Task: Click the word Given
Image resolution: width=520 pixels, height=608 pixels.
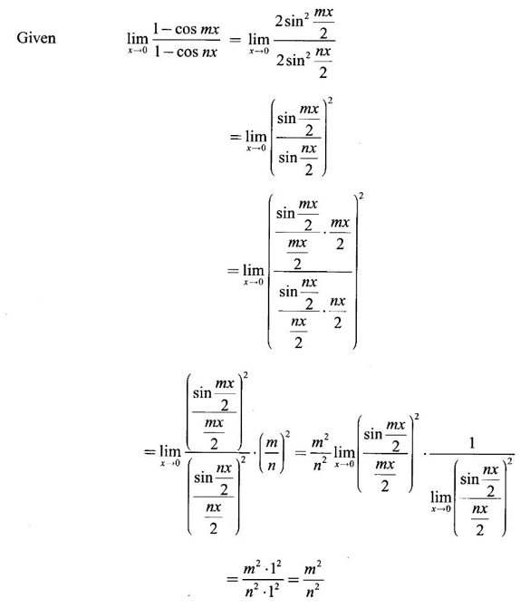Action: coord(36,38)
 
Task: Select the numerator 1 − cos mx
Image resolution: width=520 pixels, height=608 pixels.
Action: coord(186,29)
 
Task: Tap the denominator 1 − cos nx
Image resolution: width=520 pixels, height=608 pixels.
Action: coord(186,52)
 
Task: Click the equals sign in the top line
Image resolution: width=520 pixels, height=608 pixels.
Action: coord(235,39)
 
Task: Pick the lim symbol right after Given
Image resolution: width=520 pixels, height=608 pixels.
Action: coord(138,38)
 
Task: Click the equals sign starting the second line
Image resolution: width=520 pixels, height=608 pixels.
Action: coord(235,137)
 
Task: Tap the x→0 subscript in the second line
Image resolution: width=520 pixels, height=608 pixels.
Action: coord(256,148)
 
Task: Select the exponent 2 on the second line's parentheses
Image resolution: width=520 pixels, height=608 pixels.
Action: coord(330,101)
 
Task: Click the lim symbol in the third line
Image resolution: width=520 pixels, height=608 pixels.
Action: coord(254,270)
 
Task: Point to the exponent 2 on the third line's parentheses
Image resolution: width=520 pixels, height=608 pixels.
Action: coord(361,196)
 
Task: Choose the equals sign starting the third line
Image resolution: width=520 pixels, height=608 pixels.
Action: coord(233,270)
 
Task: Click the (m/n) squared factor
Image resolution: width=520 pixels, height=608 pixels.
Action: coord(274,452)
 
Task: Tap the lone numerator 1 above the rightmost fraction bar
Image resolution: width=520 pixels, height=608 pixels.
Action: coord(472,442)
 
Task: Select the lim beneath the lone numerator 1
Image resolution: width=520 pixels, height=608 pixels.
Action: coord(441,497)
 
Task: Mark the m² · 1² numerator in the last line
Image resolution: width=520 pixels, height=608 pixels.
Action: coord(261,569)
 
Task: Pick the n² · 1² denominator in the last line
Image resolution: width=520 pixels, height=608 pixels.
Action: coord(262,591)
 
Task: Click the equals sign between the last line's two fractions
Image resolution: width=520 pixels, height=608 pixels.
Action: coord(293,580)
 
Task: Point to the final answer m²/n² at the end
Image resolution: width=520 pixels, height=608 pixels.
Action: coord(313,580)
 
